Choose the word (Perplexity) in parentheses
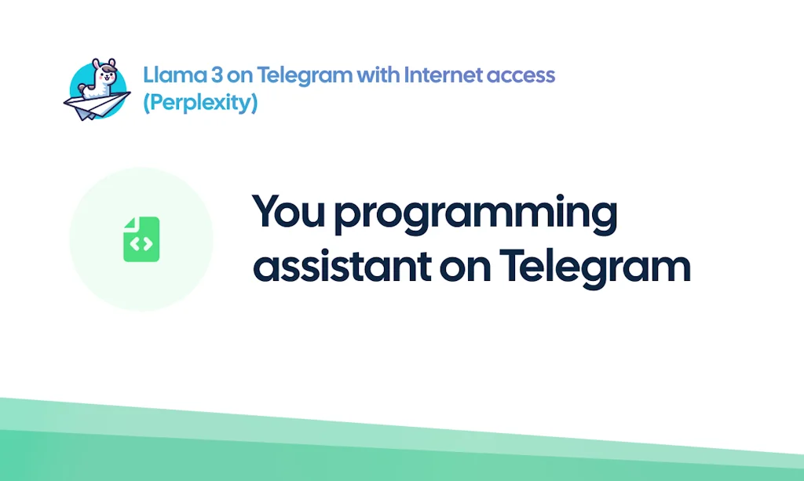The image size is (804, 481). (x=199, y=103)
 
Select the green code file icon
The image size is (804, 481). (x=141, y=239)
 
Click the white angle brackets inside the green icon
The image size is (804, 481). (x=141, y=244)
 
